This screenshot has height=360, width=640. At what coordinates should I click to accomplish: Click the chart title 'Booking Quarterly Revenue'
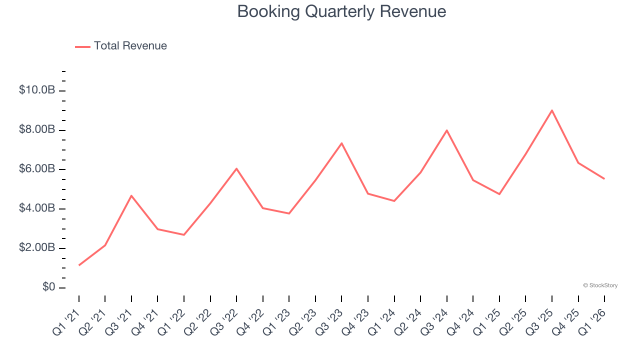341,11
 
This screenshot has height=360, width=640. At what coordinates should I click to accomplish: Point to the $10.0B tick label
36,90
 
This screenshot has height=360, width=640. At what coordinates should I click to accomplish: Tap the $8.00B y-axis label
36,130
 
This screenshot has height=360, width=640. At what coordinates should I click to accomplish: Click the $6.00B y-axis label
36,169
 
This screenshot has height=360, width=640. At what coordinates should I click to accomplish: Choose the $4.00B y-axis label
36,209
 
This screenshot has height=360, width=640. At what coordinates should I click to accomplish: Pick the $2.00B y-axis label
36,248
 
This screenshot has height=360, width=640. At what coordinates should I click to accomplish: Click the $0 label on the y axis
48,287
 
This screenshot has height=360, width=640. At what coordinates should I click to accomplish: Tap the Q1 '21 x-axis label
66,320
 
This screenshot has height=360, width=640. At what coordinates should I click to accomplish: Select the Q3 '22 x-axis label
224,320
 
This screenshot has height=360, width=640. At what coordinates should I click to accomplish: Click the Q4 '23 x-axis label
355,320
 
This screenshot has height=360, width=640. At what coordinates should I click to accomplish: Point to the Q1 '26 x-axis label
592,320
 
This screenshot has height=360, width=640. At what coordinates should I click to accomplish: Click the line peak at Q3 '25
552,110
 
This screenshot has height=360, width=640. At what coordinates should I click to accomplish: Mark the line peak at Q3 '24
446,130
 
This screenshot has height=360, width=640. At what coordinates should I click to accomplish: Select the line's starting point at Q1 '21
79,265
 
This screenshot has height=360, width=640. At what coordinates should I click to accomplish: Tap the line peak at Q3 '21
131,195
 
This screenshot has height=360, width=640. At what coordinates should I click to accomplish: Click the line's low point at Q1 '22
184,234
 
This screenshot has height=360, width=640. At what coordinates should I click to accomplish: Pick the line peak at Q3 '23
341,143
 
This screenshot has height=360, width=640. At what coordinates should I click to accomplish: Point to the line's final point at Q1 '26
604,178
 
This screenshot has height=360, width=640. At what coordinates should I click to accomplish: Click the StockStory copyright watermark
600,285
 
